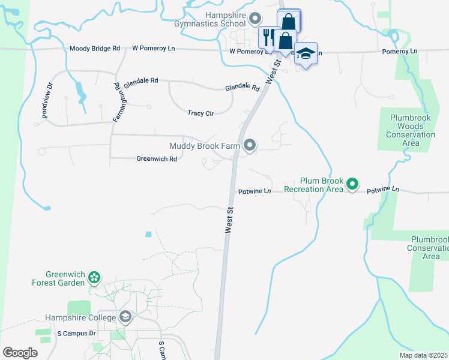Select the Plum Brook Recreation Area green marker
point(353,184)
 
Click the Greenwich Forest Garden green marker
point(94,277)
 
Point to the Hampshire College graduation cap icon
point(125,316)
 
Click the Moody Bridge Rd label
point(95,48)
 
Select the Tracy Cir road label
point(200,113)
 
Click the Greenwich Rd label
point(157,159)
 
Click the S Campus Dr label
point(76,333)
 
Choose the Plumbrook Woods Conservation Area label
point(412,130)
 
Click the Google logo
point(20,353)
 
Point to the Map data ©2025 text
point(423,355)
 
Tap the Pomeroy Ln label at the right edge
point(399,52)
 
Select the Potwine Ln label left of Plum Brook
point(255,191)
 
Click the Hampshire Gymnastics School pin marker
point(255,19)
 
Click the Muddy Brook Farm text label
point(205,145)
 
